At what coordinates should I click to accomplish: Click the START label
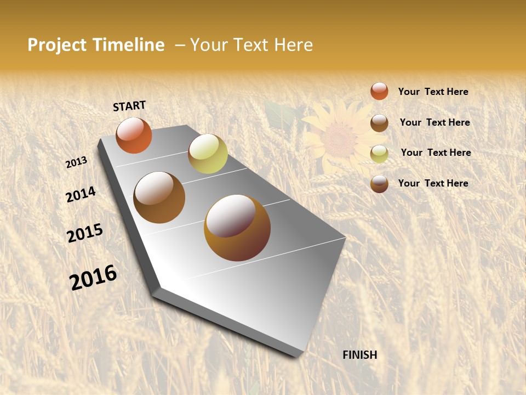[129, 106]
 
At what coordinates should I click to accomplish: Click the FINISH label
[360, 355]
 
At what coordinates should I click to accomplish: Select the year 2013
[77, 162]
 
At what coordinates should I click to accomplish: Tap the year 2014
[81, 195]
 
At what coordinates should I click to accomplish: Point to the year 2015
[85, 233]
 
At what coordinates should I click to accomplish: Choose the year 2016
[93, 277]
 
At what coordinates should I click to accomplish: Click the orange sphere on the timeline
[134, 136]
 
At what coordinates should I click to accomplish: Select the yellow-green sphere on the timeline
[208, 154]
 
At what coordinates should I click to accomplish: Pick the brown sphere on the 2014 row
[159, 198]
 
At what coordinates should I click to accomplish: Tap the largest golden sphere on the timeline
[237, 228]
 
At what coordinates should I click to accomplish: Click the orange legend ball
[379, 91]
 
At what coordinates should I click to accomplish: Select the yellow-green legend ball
[379, 154]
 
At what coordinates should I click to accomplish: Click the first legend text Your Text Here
[433, 92]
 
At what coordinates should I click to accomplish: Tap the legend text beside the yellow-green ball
[436, 153]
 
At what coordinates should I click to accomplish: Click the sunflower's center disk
[340, 140]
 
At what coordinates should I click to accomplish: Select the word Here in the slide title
[292, 45]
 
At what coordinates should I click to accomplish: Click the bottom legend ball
[379, 184]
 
